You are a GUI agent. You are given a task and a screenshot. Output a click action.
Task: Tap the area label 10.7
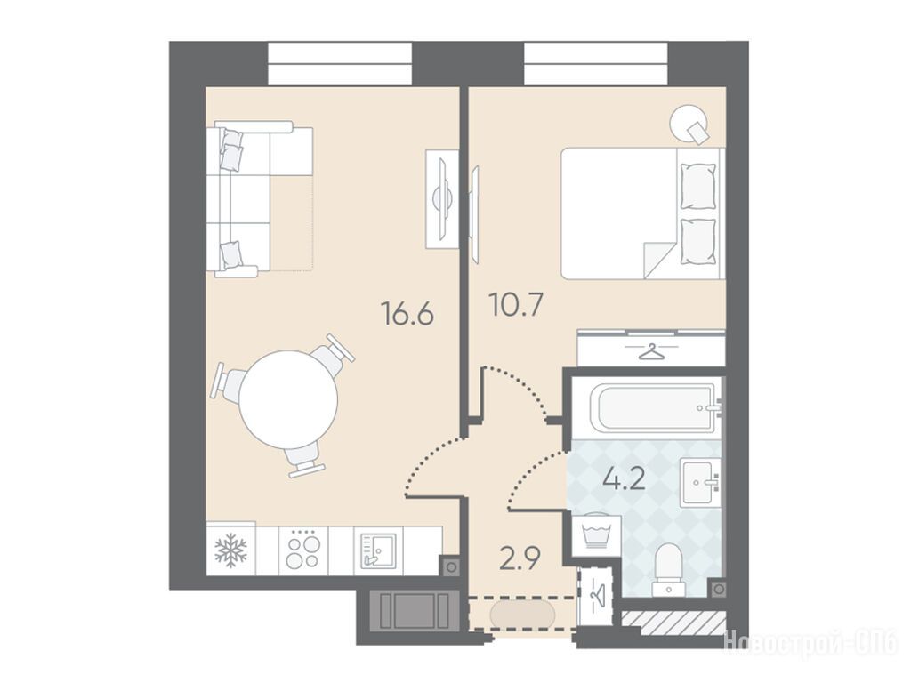517,305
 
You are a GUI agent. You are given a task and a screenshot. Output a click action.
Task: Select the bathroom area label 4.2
624,481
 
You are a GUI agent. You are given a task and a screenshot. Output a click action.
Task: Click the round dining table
289,399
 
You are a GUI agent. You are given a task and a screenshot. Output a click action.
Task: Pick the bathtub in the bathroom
654,407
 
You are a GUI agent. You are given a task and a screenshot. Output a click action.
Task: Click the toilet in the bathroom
668,569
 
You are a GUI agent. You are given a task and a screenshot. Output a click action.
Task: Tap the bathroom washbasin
701,481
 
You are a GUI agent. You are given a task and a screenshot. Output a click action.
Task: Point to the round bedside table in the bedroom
689,123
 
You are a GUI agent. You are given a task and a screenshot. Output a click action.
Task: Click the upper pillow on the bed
697,187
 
